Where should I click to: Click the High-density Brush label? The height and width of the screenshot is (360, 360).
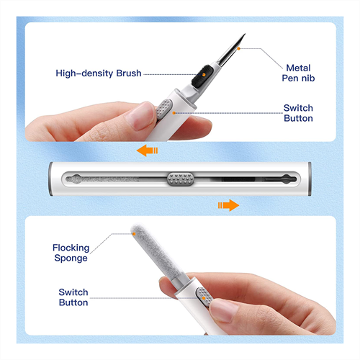99,73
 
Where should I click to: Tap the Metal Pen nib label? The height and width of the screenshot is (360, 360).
298,73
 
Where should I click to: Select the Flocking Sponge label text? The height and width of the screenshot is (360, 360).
71,253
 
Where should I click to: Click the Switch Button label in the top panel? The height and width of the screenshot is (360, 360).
298,113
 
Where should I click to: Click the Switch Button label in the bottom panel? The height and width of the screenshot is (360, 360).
73,297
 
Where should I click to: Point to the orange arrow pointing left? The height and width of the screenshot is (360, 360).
147,150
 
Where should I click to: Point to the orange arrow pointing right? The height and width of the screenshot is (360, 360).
228,205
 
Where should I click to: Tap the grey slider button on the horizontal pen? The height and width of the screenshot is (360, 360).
181,179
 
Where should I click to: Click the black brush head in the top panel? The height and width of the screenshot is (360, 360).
202,76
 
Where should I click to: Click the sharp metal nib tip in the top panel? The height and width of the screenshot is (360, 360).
245,34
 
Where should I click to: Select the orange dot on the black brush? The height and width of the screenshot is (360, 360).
204,75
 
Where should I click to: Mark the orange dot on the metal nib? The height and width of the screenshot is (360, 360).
238,48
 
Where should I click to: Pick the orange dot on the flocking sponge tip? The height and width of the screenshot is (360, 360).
134,233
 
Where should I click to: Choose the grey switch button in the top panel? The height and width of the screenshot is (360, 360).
164,109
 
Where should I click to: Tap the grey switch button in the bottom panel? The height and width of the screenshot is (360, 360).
204,297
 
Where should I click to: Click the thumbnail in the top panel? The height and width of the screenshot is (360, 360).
140,116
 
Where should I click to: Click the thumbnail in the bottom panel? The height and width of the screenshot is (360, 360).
222,310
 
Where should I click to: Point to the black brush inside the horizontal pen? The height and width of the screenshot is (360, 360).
238,179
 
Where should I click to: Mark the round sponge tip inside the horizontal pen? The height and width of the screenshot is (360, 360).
76,179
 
